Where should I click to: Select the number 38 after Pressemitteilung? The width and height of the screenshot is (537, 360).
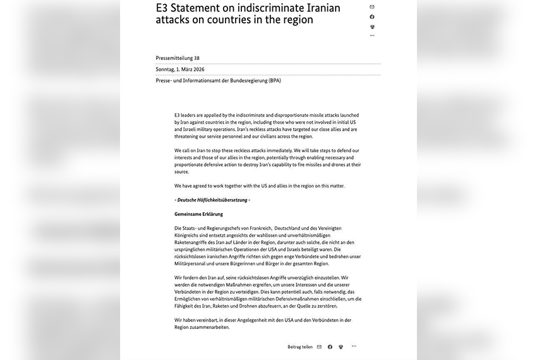tap(196, 58)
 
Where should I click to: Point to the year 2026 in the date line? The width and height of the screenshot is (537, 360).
tap(196, 69)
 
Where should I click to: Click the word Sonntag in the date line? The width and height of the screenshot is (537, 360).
tap(166, 69)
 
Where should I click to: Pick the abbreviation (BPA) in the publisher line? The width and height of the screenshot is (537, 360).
tap(274, 81)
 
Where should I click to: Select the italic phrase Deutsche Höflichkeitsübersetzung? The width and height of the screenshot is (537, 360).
tap(214, 200)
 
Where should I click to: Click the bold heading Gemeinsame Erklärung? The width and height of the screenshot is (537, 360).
tap(198, 214)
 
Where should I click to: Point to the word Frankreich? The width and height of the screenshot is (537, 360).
tap(258, 227)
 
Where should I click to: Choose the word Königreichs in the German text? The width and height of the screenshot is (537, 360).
tap(189, 235)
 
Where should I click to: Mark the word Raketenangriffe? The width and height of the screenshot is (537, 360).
tap(192, 242)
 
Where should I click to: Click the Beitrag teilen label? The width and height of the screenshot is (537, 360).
tap(300, 347)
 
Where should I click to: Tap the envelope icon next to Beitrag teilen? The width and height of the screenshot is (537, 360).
tap(319, 347)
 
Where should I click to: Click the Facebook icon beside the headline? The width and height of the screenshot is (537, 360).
tap(372, 17)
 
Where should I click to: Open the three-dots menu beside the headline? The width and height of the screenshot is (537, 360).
tap(372, 35)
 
